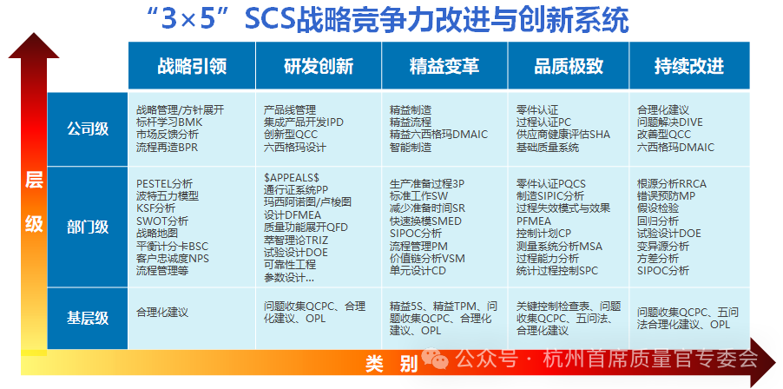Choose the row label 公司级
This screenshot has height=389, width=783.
[88, 129]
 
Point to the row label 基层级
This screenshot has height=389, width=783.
[88, 318]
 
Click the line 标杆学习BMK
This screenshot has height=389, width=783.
[169, 122]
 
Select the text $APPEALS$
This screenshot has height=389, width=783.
[291, 178]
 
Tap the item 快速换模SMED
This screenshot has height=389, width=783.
[425, 221]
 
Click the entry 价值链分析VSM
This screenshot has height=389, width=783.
[427, 259]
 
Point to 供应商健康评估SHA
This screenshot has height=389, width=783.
[563, 135]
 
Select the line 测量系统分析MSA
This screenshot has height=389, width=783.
[559, 247]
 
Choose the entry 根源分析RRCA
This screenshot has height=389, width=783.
[672, 184]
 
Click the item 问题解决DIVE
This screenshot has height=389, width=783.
[669, 122]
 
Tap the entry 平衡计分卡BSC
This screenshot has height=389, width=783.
[172, 247]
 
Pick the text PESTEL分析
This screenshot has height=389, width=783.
[164, 184]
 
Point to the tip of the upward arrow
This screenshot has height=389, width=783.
[34, 33]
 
